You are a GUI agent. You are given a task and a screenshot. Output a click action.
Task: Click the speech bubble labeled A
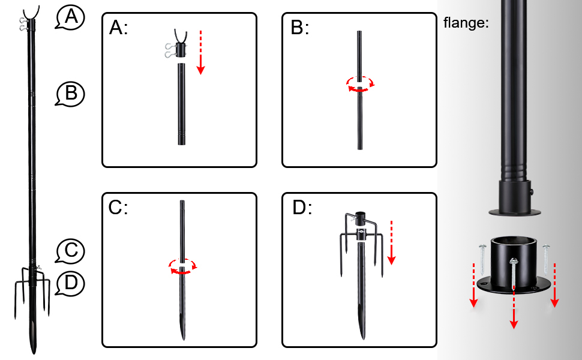click(x=71, y=18)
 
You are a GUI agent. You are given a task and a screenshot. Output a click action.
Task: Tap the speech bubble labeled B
click(x=71, y=94)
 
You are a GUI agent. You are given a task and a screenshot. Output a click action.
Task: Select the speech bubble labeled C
click(x=71, y=250)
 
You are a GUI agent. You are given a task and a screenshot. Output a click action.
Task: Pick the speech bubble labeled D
click(x=71, y=283)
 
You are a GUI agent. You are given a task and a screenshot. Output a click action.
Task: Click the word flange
click(x=466, y=23)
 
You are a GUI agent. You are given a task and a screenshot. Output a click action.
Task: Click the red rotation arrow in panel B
click(x=360, y=85)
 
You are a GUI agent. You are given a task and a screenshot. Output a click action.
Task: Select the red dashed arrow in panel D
click(x=391, y=242)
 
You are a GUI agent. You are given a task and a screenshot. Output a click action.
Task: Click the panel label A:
click(x=119, y=28)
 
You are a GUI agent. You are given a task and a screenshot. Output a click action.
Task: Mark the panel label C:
click(x=119, y=208)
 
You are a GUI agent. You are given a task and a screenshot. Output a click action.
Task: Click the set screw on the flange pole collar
click(x=533, y=191)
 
